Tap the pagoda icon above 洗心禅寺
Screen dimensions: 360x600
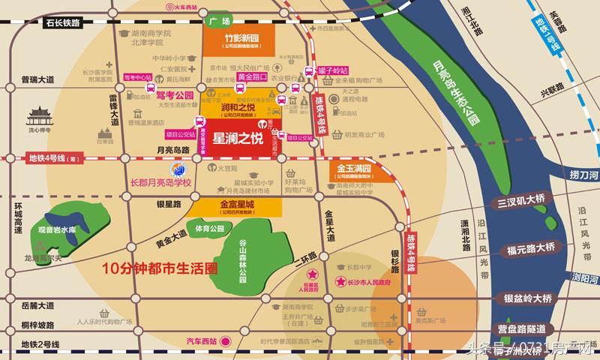point(37,117)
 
